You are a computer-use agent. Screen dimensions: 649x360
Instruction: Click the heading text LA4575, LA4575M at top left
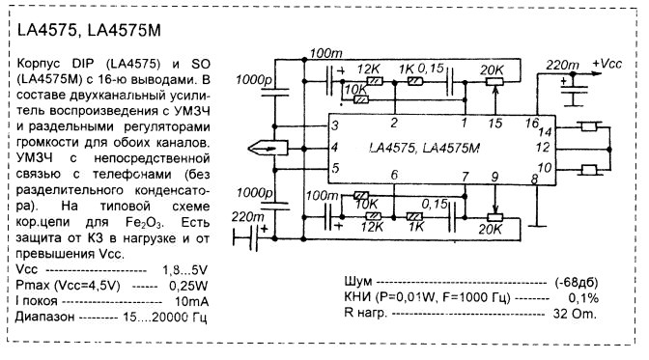[x=89, y=30]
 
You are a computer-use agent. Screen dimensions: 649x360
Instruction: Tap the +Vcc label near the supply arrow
[x=607, y=64]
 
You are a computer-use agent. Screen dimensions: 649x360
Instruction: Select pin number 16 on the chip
[x=532, y=123]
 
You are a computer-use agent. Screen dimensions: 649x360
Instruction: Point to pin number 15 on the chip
[x=495, y=123]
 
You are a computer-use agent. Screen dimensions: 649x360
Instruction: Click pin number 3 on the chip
[x=335, y=125]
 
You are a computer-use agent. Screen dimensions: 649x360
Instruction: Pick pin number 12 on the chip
[x=542, y=147]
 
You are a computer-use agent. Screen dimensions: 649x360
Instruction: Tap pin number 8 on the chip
[x=534, y=179]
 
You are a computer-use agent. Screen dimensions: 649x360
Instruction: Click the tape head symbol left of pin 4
[x=268, y=148]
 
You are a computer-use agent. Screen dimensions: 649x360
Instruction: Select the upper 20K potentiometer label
[x=492, y=69]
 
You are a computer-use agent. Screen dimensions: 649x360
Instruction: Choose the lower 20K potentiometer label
[x=490, y=229]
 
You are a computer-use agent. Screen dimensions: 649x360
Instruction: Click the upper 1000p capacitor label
[x=254, y=79]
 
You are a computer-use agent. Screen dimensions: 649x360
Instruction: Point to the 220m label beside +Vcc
[x=562, y=65]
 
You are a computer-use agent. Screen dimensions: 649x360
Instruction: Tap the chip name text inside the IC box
[x=424, y=148]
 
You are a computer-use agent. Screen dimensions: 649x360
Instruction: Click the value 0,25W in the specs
[x=188, y=286]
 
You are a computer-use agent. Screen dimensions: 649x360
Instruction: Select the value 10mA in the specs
[x=191, y=301]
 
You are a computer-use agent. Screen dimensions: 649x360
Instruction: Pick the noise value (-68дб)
[x=577, y=282]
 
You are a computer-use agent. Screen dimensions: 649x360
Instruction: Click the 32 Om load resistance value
[x=575, y=314]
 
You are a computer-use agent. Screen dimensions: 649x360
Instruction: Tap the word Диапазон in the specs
[x=45, y=317]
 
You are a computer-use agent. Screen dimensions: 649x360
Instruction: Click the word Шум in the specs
[x=358, y=282]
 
